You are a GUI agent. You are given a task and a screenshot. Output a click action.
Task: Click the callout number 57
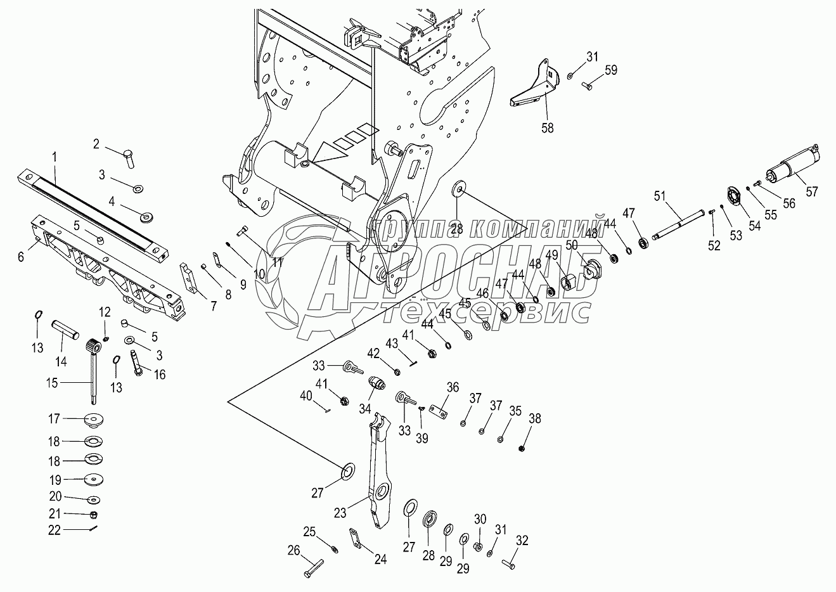812,191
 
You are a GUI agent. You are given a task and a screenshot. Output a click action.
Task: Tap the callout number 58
548,127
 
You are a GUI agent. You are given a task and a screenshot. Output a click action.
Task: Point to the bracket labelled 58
535,84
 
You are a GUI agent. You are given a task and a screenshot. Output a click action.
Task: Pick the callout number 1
55,157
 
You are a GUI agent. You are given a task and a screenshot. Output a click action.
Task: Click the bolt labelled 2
129,158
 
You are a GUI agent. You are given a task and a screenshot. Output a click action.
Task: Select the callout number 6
21,257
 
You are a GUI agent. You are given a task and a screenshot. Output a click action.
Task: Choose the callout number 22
54,531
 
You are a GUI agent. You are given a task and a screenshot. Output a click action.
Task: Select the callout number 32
522,540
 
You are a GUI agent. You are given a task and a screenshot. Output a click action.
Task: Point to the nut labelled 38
522,448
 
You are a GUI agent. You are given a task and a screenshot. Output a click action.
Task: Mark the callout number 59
611,70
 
